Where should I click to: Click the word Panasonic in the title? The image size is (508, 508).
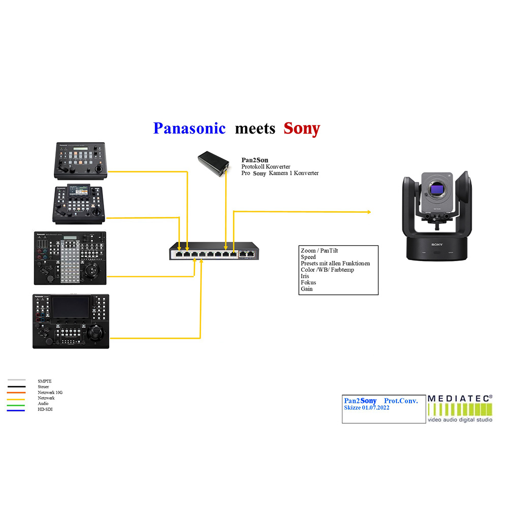coord(189,128)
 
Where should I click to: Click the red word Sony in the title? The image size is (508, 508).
coord(302,128)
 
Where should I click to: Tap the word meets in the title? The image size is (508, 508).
coord(255,128)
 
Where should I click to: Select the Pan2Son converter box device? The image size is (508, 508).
coord(213,164)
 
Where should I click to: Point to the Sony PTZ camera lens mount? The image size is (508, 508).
coord(437,190)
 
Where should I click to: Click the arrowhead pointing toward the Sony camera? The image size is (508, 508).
coord(369,212)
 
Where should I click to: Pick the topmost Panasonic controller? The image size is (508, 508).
coord(80,160)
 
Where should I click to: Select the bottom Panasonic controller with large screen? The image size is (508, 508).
coord(71,321)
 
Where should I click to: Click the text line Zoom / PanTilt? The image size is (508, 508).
coord(320,251)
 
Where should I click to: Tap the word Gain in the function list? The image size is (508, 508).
coord(307,289)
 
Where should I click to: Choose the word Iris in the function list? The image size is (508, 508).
coord(305,276)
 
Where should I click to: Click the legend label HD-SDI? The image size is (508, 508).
coord(45,409)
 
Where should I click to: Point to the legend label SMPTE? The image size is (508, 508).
coord(45,380)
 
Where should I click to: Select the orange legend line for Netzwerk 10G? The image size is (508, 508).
coord(16,392)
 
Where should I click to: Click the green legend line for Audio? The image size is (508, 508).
coord(16,404)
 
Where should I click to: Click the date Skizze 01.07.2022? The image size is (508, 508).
coord(367,408)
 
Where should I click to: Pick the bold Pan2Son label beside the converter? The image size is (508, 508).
coord(255,160)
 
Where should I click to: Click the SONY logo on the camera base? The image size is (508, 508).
coord(437,244)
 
